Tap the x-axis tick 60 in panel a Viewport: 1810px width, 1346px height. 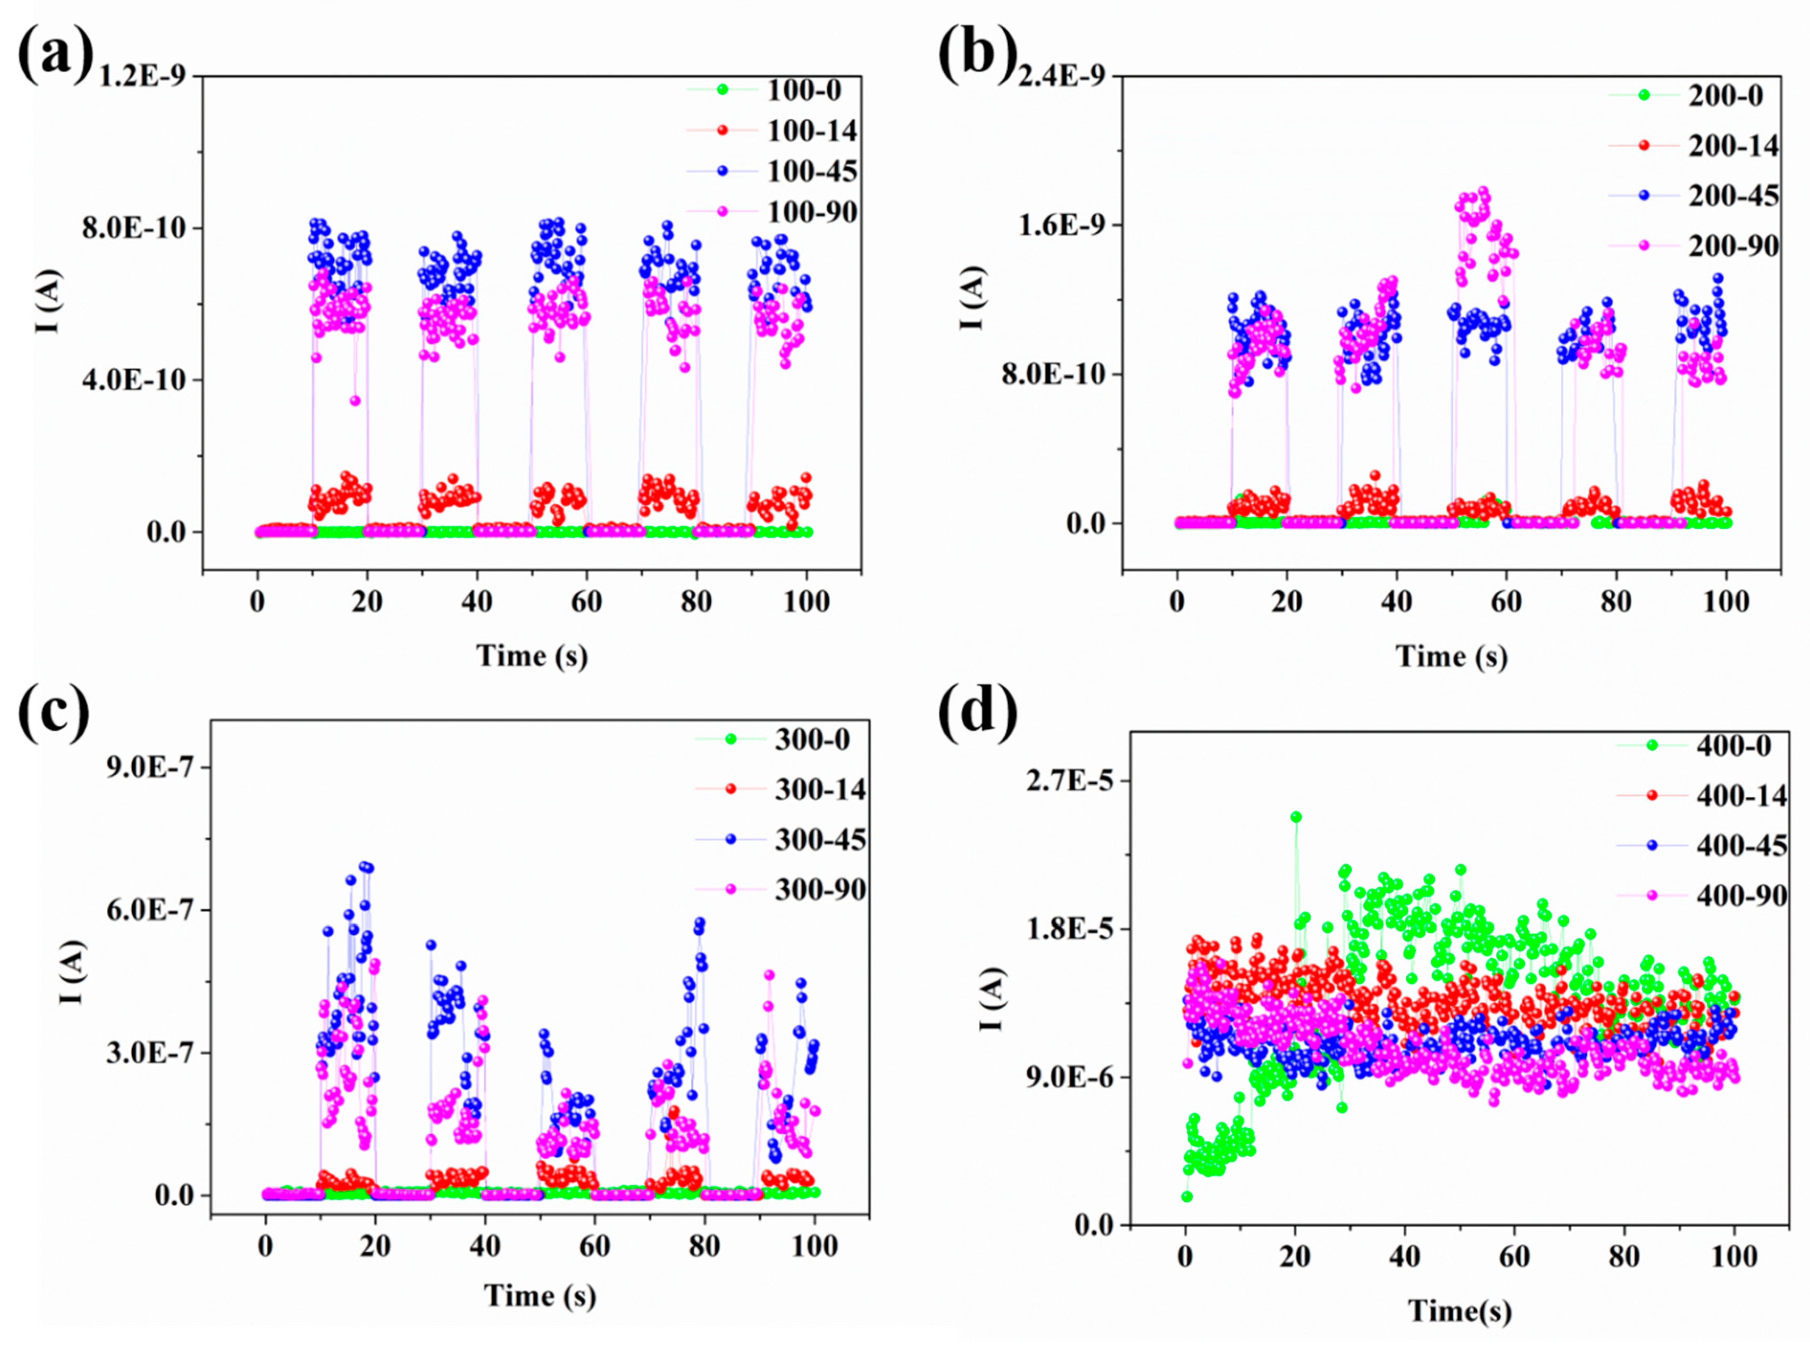pyautogui.click(x=586, y=602)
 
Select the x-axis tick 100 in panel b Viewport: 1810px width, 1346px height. pyautogui.click(x=1726, y=602)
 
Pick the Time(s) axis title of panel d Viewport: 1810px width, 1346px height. pyautogui.click(x=1460, y=1311)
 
